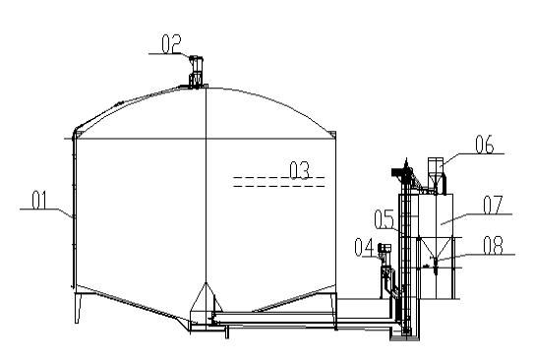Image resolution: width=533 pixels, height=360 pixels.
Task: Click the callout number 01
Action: (39, 200)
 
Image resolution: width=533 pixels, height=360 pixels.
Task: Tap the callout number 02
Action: (171, 44)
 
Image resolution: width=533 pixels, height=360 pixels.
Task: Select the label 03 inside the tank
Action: (300, 170)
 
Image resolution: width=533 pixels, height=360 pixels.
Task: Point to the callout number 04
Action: (364, 247)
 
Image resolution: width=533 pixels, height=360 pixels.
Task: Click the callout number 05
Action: (385, 219)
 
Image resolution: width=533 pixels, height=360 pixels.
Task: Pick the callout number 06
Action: (485, 145)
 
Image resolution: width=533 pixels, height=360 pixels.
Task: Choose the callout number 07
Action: (493, 205)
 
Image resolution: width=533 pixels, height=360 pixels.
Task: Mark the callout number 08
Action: (493, 246)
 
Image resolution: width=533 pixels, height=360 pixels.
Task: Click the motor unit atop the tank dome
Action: (196, 72)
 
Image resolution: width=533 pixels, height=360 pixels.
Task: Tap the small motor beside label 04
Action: (385, 252)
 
